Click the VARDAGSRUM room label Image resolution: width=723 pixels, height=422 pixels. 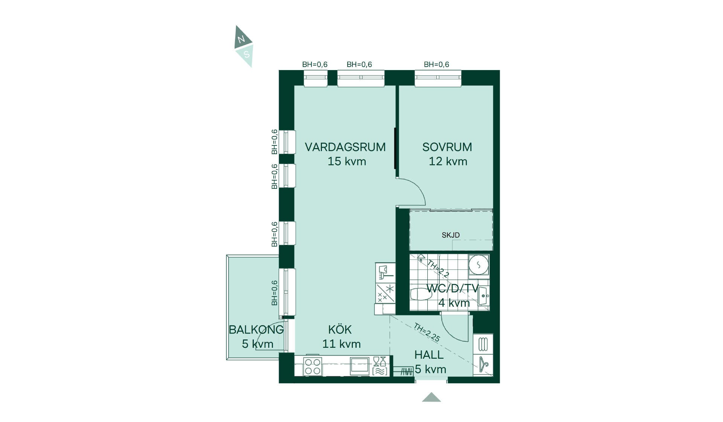point(345,147)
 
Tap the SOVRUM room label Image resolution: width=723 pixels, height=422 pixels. point(447,147)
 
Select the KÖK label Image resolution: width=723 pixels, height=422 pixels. point(340,329)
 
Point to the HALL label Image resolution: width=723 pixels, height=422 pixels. point(429,355)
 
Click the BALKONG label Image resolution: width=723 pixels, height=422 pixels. point(256,330)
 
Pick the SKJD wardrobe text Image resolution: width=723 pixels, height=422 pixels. point(451,235)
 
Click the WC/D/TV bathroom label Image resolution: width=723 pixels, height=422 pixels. point(452,289)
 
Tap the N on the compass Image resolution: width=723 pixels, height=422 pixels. point(241,39)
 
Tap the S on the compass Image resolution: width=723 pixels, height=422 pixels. point(247,54)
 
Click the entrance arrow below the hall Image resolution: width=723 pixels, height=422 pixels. point(432,397)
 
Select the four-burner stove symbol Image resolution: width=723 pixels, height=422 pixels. point(313,366)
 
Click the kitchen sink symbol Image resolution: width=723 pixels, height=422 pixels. point(360,366)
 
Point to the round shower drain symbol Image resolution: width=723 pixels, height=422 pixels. point(479,265)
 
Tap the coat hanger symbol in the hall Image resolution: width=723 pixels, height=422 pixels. point(484,364)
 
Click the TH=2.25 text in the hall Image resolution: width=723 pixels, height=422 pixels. point(427,332)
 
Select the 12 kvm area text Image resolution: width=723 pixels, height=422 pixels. point(448,161)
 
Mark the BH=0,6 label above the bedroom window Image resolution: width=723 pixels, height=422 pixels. point(436,64)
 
